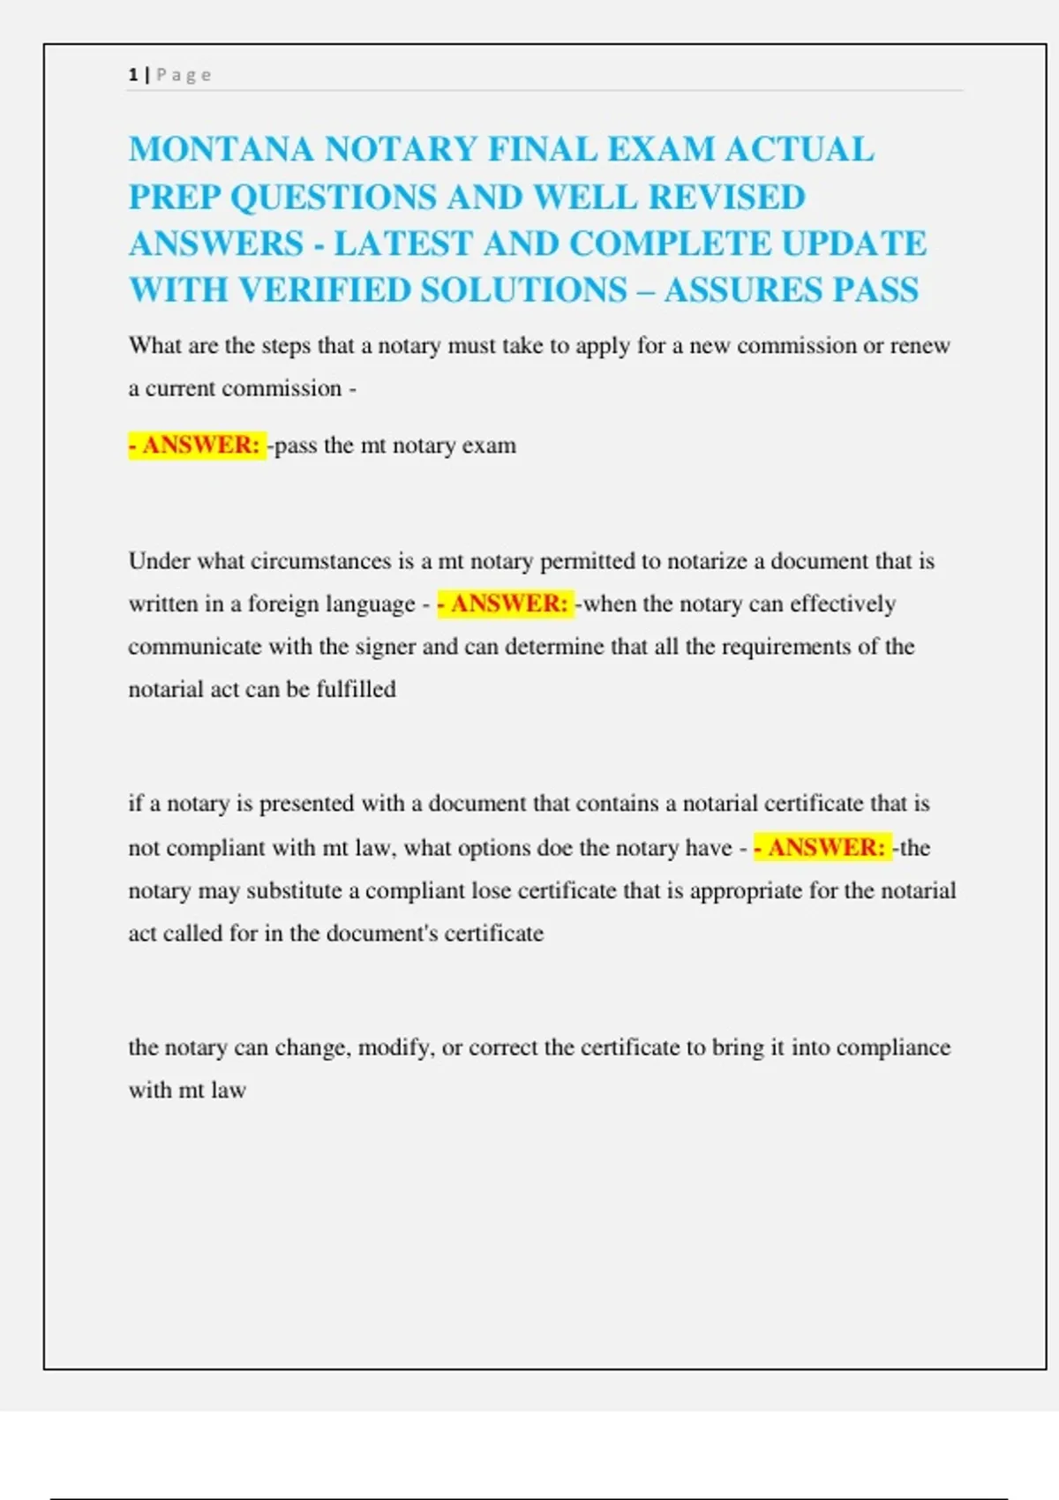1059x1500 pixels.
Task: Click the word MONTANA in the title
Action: coord(221,149)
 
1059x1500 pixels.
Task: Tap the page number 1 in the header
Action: coord(132,75)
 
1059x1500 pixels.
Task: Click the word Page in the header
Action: coord(184,75)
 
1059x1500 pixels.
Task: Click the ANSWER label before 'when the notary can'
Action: coord(507,604)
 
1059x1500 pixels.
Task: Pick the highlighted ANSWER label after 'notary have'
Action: coord(823,847)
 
